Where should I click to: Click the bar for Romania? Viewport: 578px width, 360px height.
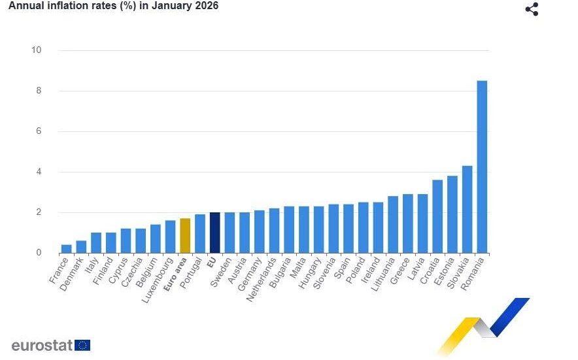482,167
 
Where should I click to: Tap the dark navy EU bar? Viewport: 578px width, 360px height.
214,233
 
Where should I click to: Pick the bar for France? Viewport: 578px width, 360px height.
67,248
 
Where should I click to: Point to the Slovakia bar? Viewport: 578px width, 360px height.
467,209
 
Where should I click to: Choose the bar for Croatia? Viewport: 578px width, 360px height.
437,216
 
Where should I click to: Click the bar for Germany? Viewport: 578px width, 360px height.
259,231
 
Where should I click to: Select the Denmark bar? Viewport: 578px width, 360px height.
81,246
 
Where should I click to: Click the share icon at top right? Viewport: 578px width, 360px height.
532,9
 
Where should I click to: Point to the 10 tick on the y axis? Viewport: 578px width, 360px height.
36,50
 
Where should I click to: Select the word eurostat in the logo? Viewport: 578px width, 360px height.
41,345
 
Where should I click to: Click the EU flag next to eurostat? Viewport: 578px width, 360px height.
82,345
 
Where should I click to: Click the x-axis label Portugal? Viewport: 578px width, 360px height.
194,276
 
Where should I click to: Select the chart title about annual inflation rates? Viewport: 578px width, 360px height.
113,6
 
